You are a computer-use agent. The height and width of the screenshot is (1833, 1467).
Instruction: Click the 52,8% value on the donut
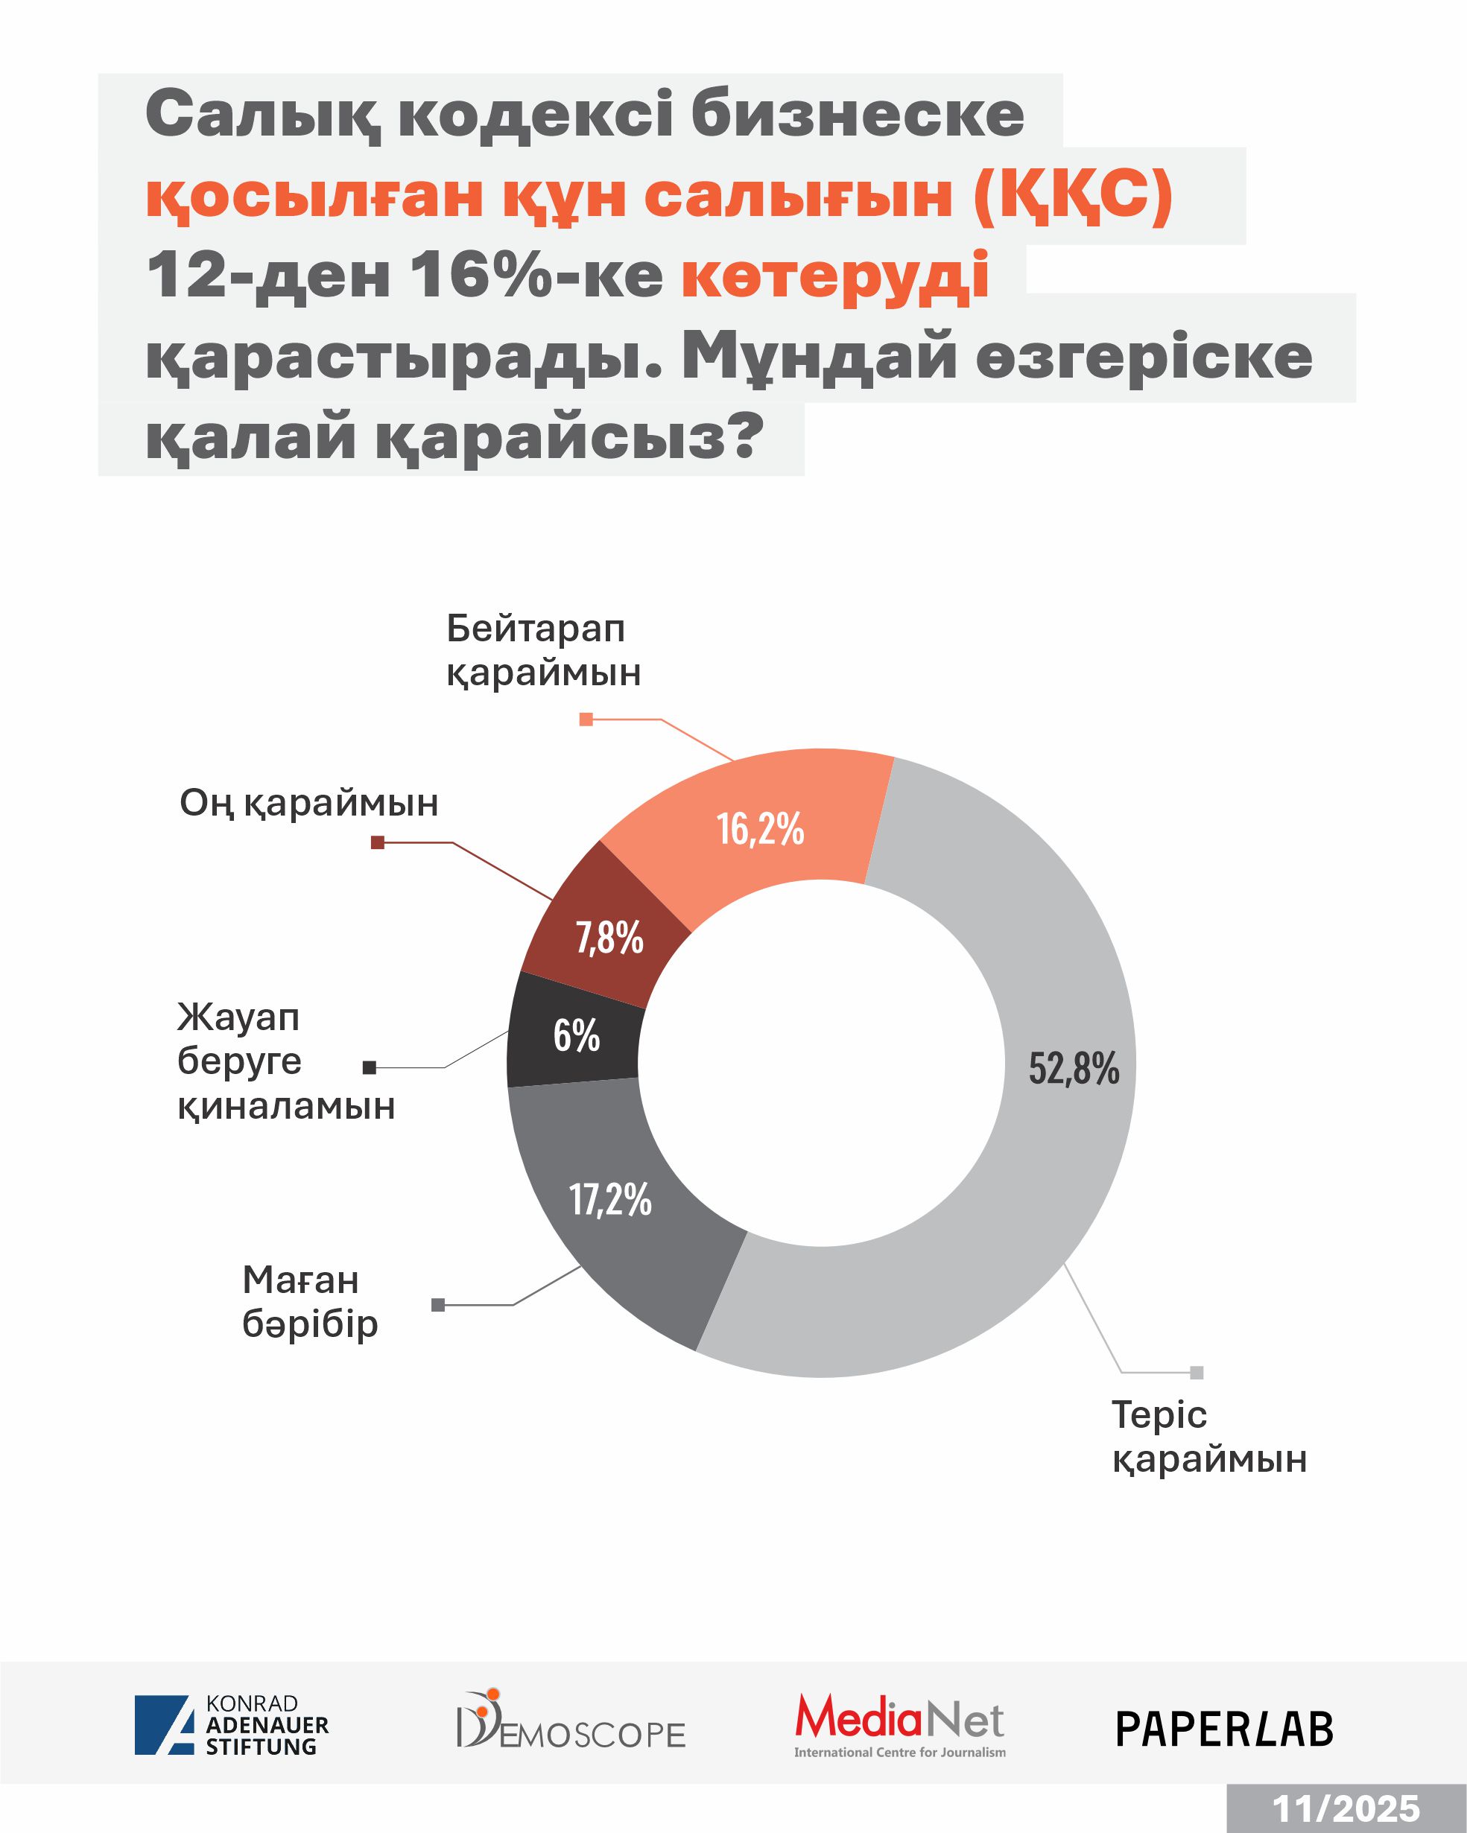[1074, 1069]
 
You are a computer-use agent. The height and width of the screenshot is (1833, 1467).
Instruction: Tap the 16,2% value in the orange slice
[760, 829]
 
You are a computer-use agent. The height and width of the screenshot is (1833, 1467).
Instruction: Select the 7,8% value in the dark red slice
[609, 938]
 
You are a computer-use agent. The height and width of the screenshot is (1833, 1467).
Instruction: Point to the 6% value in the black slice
[577, 1035]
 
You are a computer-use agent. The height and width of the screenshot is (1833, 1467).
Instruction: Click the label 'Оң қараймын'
[308, 804]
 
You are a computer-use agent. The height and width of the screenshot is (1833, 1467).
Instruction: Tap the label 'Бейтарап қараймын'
[543, 650]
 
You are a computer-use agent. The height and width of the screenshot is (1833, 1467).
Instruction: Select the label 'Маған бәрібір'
[309, 1302]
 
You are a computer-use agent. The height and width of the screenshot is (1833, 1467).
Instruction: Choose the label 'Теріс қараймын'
[1208, 1437]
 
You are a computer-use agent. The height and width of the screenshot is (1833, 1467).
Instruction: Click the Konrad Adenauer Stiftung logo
[231, 1725]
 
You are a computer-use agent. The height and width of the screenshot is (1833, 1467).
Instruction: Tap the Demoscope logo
[571, 1721]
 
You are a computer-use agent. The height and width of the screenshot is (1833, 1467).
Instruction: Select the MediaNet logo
[900, 1724]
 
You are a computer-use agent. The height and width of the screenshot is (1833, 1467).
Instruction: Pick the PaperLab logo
[1224, 1729]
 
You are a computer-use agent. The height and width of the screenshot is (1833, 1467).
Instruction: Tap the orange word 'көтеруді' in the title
[835, 276]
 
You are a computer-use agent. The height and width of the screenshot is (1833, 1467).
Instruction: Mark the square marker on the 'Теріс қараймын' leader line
[1197, 1372]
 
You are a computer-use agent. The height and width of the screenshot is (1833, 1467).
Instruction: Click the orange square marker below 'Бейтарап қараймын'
[586, 719]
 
